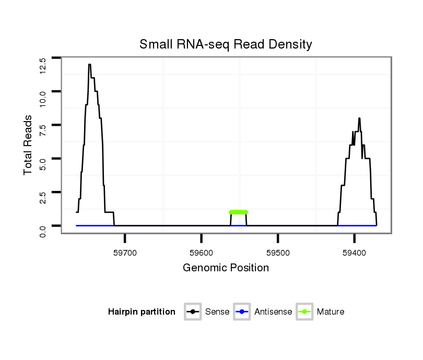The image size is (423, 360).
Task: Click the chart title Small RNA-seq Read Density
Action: pos(226,44)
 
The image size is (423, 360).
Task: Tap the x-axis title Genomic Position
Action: pos(226,268)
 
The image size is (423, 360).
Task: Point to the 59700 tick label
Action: pos(125,253)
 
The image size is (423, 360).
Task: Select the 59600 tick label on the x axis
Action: pos(202,253)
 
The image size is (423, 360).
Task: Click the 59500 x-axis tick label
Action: pos(278,253)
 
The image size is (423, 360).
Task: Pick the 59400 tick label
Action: pos(354,253)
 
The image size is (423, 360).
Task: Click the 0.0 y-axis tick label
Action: pos(43,230)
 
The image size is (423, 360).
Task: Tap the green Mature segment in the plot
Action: pos(239,212)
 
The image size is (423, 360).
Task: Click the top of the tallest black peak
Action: pos(90,65)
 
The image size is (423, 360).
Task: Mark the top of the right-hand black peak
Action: pos(359,118)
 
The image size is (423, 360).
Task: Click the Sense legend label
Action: pos(217,312)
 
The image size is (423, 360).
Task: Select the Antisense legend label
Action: pos(273,312)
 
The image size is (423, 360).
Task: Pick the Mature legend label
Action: pos(331,312)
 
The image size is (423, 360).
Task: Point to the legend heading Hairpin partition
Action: pos(142,312)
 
